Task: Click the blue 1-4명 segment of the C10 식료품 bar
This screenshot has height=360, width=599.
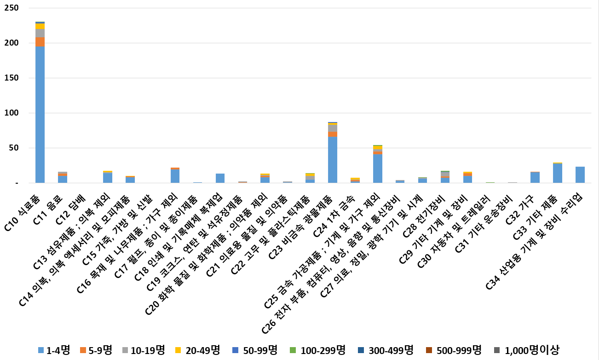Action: click(40, 115)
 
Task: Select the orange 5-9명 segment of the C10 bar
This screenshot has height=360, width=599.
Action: click(40, 42)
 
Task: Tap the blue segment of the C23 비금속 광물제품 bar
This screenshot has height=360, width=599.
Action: click(333, 160)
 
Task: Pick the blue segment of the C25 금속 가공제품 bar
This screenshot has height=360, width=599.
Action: click(378, 169)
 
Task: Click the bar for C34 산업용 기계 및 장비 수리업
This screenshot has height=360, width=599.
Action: click(580, 175)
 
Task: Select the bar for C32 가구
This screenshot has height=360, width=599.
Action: click(535, 177)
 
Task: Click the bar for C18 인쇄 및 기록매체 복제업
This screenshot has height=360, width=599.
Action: click(220, 178)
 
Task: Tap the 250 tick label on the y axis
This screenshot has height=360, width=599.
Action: click(12, 8)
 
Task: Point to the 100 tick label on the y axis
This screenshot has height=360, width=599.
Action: click(12, 113)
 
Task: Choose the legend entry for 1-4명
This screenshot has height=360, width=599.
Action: click(54, 350)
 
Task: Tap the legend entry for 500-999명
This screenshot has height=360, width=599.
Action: click(453, 350)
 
